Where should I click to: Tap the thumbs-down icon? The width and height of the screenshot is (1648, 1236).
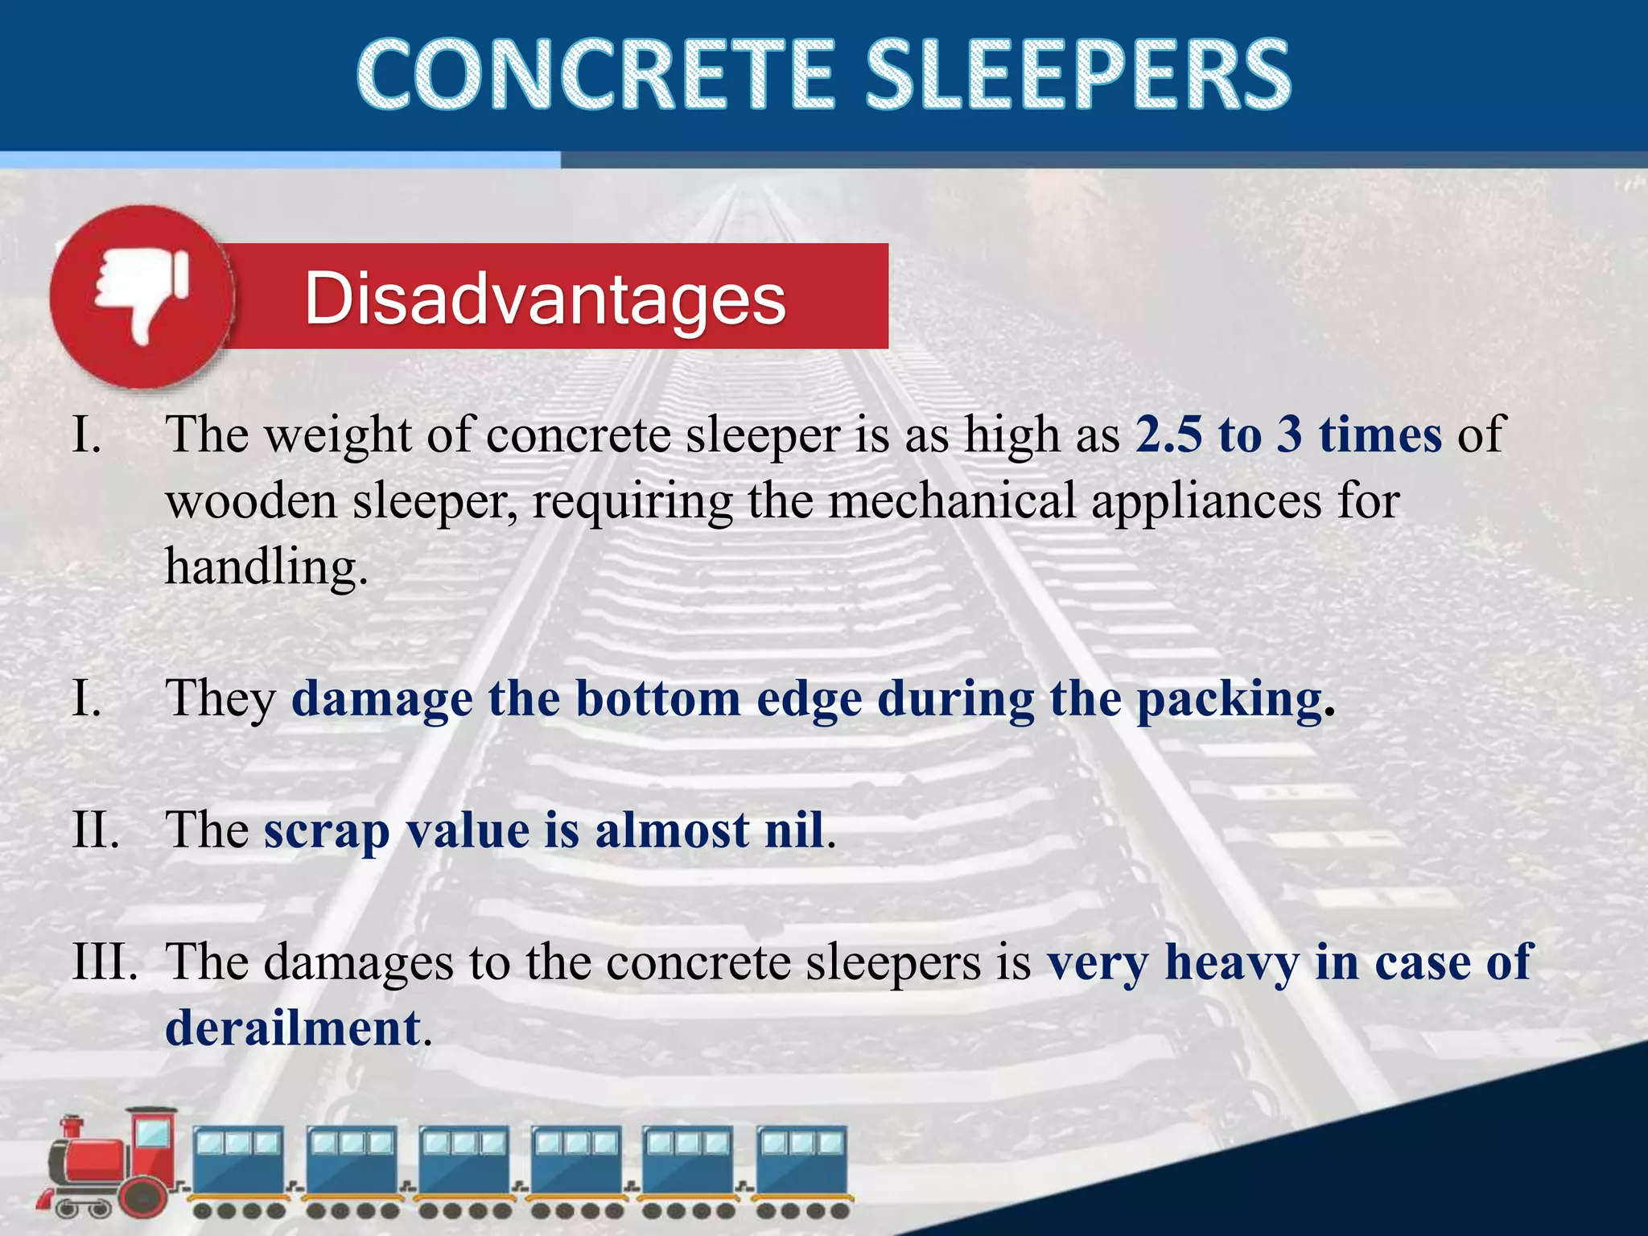(142, 295)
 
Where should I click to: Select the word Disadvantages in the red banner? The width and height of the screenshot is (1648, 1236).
(545, 299)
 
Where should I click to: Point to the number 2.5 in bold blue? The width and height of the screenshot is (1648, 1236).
(1170, 435)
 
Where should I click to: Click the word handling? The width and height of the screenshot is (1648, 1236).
(266, 566)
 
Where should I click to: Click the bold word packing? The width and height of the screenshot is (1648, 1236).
(1229, 698)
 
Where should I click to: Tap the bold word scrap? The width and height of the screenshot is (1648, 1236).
(326, 831)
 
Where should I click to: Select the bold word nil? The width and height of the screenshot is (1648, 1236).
(793, 830)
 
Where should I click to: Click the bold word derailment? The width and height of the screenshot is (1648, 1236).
(293, 1028)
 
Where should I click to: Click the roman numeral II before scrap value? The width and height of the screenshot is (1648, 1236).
(95, 830)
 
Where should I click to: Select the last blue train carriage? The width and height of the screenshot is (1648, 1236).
(802, 1167)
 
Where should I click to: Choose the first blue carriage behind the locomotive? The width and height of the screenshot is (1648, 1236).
(238, 1167)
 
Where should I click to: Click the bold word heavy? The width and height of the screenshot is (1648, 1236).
(1231, 962)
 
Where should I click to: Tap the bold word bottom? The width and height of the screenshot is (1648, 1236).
(657, 698)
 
